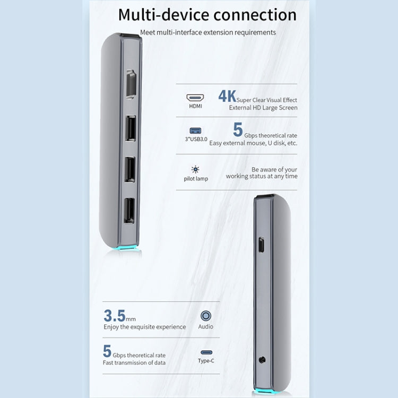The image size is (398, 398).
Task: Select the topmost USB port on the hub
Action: pyautogui.click(x=131, y=128)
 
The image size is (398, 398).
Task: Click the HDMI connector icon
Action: pyautogui.click(x=195, y=98)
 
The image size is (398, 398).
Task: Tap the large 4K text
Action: pyautogui.click(x=227, y=96)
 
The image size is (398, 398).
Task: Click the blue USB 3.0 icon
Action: pyautogui.click(x=195, y=131)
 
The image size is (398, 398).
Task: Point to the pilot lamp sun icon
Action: pyautogui.click(x=195, y=169)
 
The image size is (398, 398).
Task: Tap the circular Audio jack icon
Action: pyautogui.click(x=206, y=316)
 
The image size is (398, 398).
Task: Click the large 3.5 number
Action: pyautogui.click(x=114, y=316)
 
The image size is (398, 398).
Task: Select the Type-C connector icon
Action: pyautogui.click(x=206, y=352)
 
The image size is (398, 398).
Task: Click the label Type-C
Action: pyautogui.click(x=206, y=361)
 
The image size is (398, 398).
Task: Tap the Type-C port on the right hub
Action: pyautogui.click(x=261, y=245)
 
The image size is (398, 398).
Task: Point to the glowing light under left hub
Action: pyautogui.click(x=128, y=248)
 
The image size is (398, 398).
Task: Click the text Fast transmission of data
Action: pyautogui.click(x=134, y=362)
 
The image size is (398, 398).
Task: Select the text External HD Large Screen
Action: pyautogui.click(x=263, y=108)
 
